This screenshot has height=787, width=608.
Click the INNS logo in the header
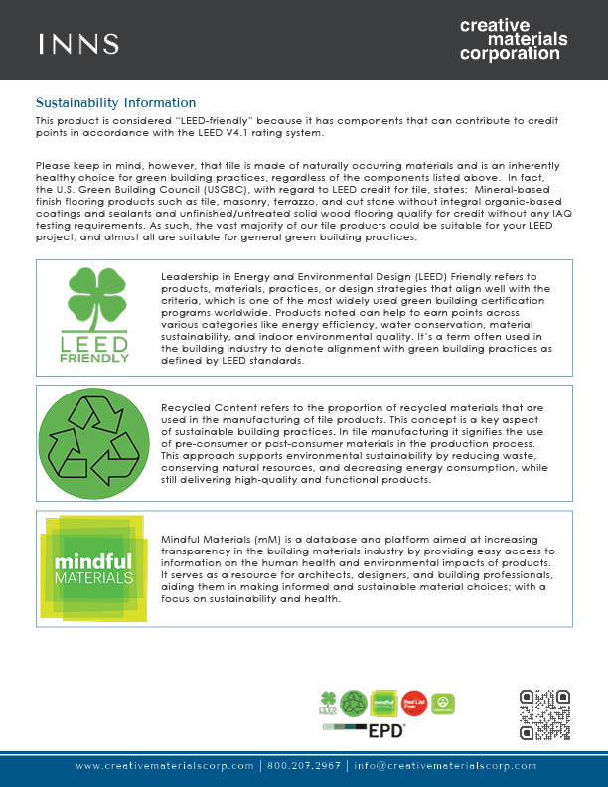78,44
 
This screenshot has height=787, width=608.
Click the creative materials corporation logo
514,39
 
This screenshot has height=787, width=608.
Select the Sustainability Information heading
116,103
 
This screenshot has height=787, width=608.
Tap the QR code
545,715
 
